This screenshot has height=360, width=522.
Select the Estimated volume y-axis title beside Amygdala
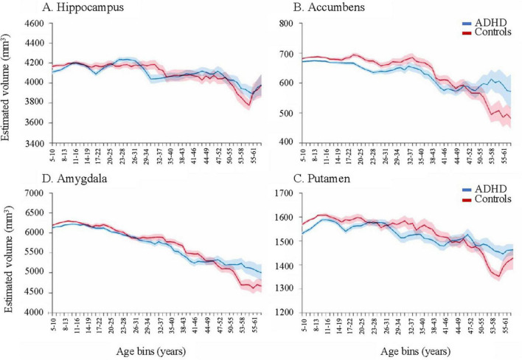[x=8, y=252]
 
